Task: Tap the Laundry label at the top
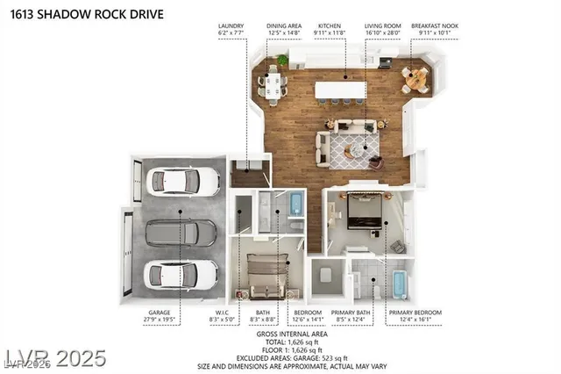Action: [x=231, y=26]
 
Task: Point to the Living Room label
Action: [x=382, y=26]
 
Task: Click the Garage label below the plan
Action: [x=160, y=313]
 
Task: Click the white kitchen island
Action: [x=341, y=90]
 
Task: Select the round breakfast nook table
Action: [x=416, y=77]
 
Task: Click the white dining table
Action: [x=272, y=83]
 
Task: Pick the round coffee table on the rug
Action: [x=351, y=151]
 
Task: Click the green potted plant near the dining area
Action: [x=282, y=61]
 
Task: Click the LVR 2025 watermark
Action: [x=54, y=358]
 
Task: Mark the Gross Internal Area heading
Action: [x=291, y=334]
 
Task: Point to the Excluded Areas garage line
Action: [x=291, y=353]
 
